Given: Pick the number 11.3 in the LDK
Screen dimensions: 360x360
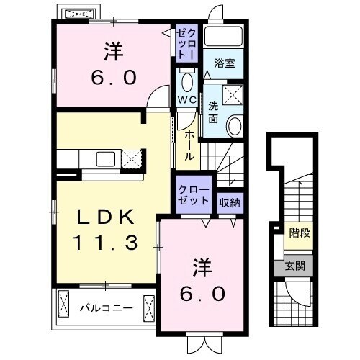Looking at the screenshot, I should tap(105, 243).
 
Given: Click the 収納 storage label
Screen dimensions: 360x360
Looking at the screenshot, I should tap(230, 202).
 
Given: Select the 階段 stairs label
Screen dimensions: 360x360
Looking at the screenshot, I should tap(300, 234).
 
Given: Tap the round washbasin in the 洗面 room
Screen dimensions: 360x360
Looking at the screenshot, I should tap(235, 127).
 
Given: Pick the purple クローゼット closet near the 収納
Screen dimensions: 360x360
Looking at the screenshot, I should tap(194, 196).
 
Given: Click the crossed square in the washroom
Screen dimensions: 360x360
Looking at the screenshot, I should tap(233, 93).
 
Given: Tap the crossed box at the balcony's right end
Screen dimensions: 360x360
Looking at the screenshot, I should tap(149, 308).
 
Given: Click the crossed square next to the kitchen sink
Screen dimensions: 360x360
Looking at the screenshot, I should tap(130, 158).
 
